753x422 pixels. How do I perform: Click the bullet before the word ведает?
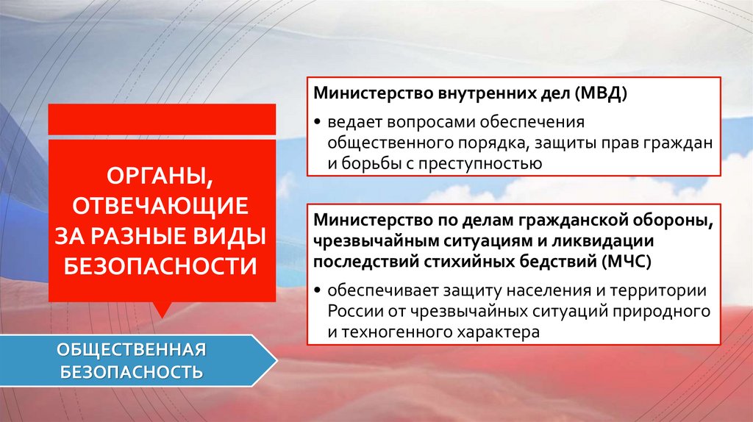pyautogui.click(x=319, y=121)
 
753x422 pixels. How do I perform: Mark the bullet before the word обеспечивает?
pyautogui.click(x=319, y=289)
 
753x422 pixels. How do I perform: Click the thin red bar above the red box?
pyautogui.click(x=162, y=119)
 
